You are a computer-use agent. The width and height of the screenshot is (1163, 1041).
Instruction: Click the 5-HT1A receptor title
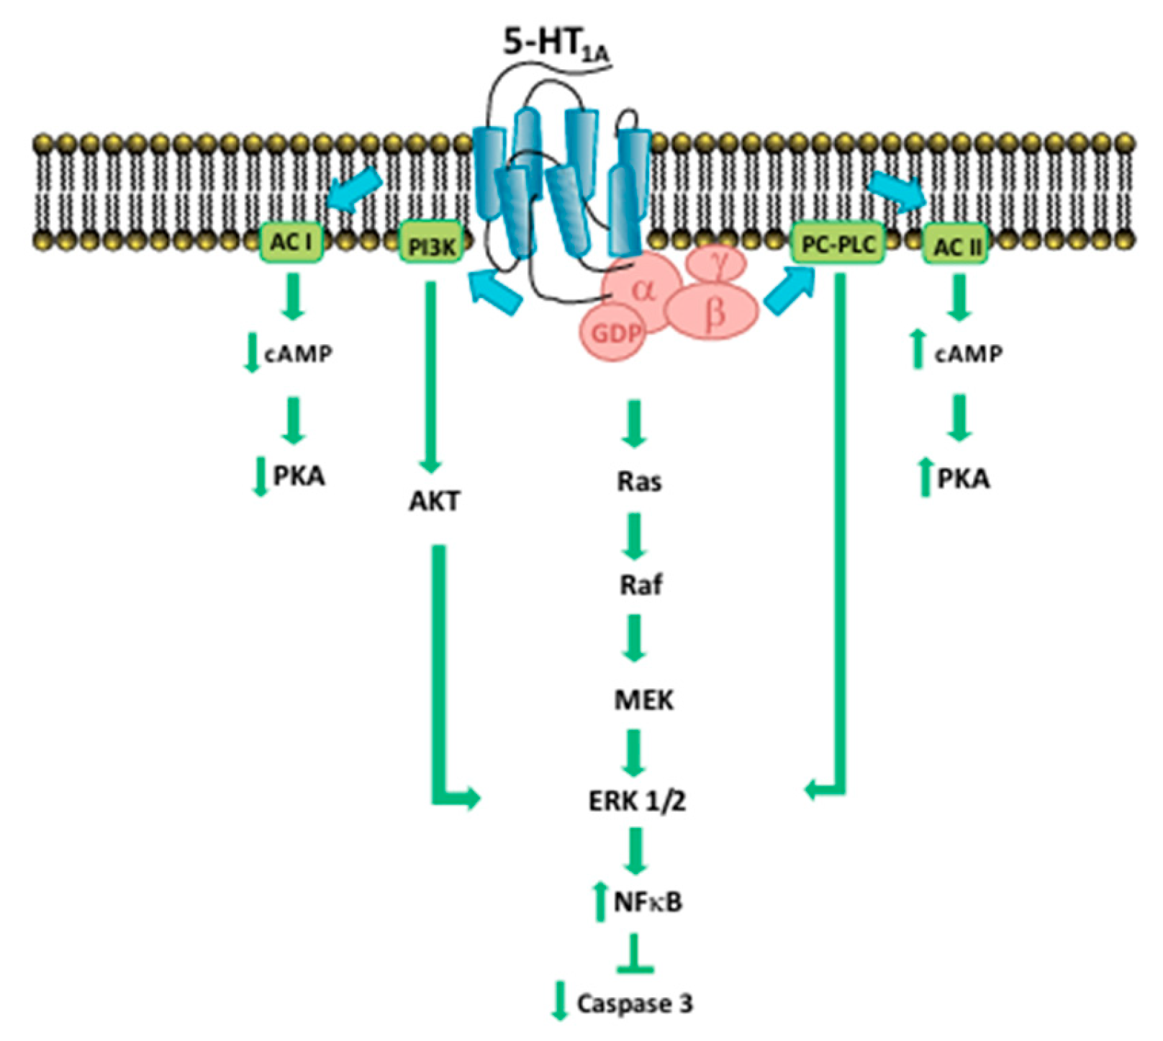554,45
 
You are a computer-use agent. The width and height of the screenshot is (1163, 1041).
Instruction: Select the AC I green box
291,243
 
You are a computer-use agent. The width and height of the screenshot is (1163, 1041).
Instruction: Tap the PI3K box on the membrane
431,247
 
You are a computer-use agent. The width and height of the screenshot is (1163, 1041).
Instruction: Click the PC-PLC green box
838,245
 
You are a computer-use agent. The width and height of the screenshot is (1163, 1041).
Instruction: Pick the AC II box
956,247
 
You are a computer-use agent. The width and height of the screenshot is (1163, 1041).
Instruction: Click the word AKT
434,501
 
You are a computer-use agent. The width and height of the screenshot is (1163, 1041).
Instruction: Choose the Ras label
639,481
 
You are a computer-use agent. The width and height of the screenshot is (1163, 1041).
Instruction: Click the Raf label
641,585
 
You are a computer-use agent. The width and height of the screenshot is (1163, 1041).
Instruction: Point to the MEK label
643,699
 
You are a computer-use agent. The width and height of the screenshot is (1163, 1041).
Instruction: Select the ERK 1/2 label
637,800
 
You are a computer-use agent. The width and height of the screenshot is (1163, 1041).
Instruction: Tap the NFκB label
648,901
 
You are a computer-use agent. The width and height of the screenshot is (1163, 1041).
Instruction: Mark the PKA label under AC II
963,479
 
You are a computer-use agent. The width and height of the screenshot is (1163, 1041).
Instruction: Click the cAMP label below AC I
299,353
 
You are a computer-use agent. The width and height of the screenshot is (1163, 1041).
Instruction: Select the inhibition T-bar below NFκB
634,955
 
